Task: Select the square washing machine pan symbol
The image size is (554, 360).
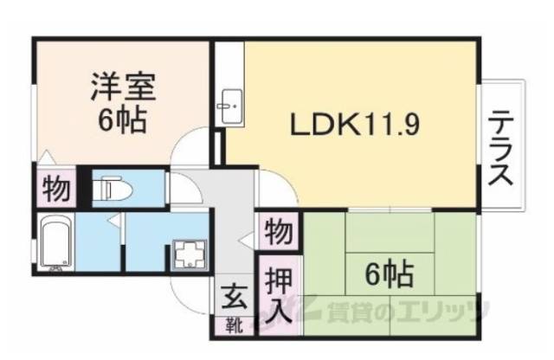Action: click(x=187, y=253)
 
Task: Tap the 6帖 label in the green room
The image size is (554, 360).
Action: click(x=388, y=275)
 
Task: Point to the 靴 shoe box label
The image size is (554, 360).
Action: click(x=234, y=326)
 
